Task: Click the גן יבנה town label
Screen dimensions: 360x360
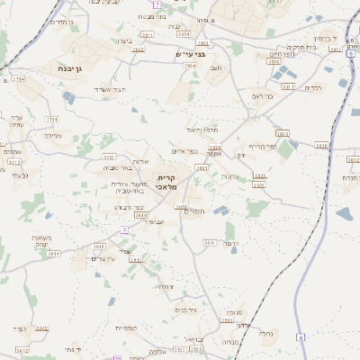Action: point(62,67)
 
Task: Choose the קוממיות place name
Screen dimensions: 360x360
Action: point(126,328)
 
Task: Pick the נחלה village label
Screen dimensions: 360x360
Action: point(266,332)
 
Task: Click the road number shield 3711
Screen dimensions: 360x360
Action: point(51,119)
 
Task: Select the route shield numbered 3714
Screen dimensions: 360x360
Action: point(19,79)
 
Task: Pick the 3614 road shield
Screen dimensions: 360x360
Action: point(54,255)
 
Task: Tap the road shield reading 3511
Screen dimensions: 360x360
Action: point(210,242)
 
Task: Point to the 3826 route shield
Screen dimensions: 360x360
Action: point(259,176)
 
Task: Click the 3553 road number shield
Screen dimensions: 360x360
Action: point(227,319)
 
